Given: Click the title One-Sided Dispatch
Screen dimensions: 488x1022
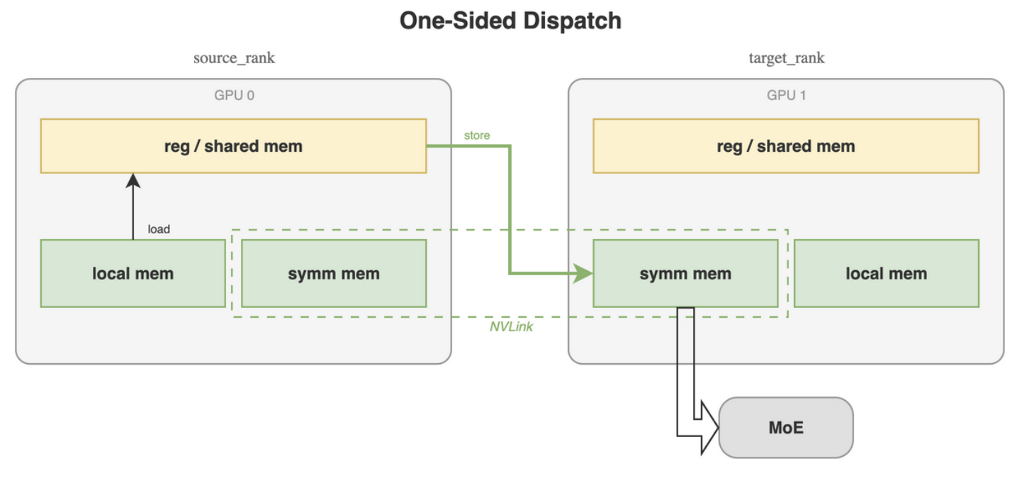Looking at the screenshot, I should coord(510,21).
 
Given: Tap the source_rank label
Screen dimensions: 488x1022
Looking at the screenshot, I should coord(234,58).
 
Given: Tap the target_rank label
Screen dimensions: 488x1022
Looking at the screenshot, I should coord(786,58).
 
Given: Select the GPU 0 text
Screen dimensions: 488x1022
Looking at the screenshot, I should coord(234,94).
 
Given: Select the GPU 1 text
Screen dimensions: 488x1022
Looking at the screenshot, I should coord(786,94).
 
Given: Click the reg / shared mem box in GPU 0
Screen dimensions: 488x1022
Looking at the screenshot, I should coord(233,146).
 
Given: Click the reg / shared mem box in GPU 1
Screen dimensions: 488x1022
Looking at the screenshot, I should coord(785,146).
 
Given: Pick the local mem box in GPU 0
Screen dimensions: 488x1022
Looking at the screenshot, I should coord(133,274).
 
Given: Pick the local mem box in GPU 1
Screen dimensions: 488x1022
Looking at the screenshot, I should coord(886,274).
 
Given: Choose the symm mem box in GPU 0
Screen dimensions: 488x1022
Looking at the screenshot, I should coord(333,274).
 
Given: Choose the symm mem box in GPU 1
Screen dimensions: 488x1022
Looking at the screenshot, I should coord(685,274).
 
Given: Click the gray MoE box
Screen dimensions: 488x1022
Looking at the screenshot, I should coord(785,428).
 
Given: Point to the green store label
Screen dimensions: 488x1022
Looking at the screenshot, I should coord(476,135).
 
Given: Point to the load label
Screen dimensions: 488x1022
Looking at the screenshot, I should coord(159,229).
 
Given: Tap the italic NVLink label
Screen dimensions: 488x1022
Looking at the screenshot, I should coord(511,327).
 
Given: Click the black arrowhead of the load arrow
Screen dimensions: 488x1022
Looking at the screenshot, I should coord(133,182).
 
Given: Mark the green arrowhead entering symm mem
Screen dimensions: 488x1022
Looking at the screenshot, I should coord(583,273).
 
